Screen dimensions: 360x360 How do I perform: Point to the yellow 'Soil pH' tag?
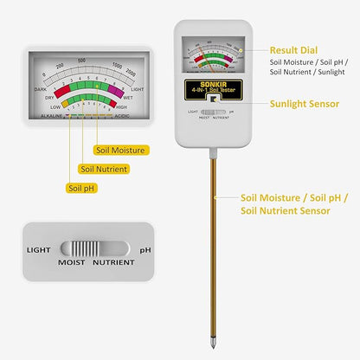coord(83,188)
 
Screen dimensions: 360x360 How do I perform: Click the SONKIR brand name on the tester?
coord(212,85)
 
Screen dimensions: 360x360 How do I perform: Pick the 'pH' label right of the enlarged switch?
coord(145,250)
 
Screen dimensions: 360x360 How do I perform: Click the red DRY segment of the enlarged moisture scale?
coord(62,91)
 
